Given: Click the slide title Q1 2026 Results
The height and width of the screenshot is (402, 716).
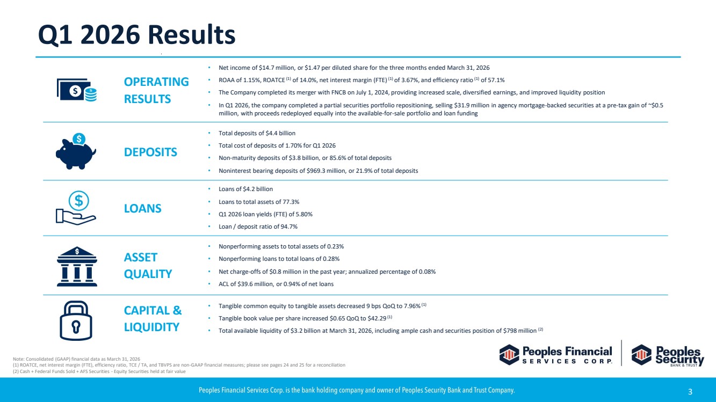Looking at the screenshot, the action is pyautogui.click(x=136, y=35).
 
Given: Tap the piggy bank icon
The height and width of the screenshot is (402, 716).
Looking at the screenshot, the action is pyautogui.click(x=76, y=151).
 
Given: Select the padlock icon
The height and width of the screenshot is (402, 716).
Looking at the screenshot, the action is pyautogui.click(x=76, y=320).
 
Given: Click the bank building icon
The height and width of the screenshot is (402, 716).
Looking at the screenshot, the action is pyautogui.click(x=77, y=266).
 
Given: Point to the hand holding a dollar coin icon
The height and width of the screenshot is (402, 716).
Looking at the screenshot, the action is pyautogui.click(x=76, y=208).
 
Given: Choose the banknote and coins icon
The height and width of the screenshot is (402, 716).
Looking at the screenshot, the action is pyautogui.click(x=77, y=90).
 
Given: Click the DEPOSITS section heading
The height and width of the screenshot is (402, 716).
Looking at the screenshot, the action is pyautogui.click(x=150, y=152).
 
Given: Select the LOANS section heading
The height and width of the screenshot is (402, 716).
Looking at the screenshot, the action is pyautogui.click(x=142, y=208).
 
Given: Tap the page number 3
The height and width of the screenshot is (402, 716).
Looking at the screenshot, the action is pyautogui.click(x=690, y=392).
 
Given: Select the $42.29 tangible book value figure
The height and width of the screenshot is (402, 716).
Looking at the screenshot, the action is pyautogui.click(x=378, y=318).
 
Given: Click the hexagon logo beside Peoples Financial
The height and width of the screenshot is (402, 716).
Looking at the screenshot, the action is pyautogui.click(x=509, y=354).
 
